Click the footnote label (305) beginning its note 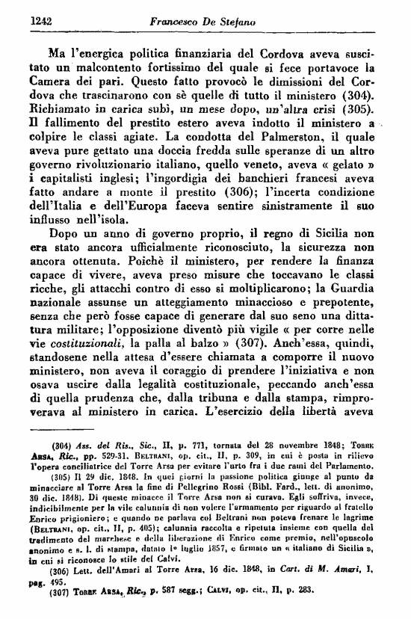(61, 478)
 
